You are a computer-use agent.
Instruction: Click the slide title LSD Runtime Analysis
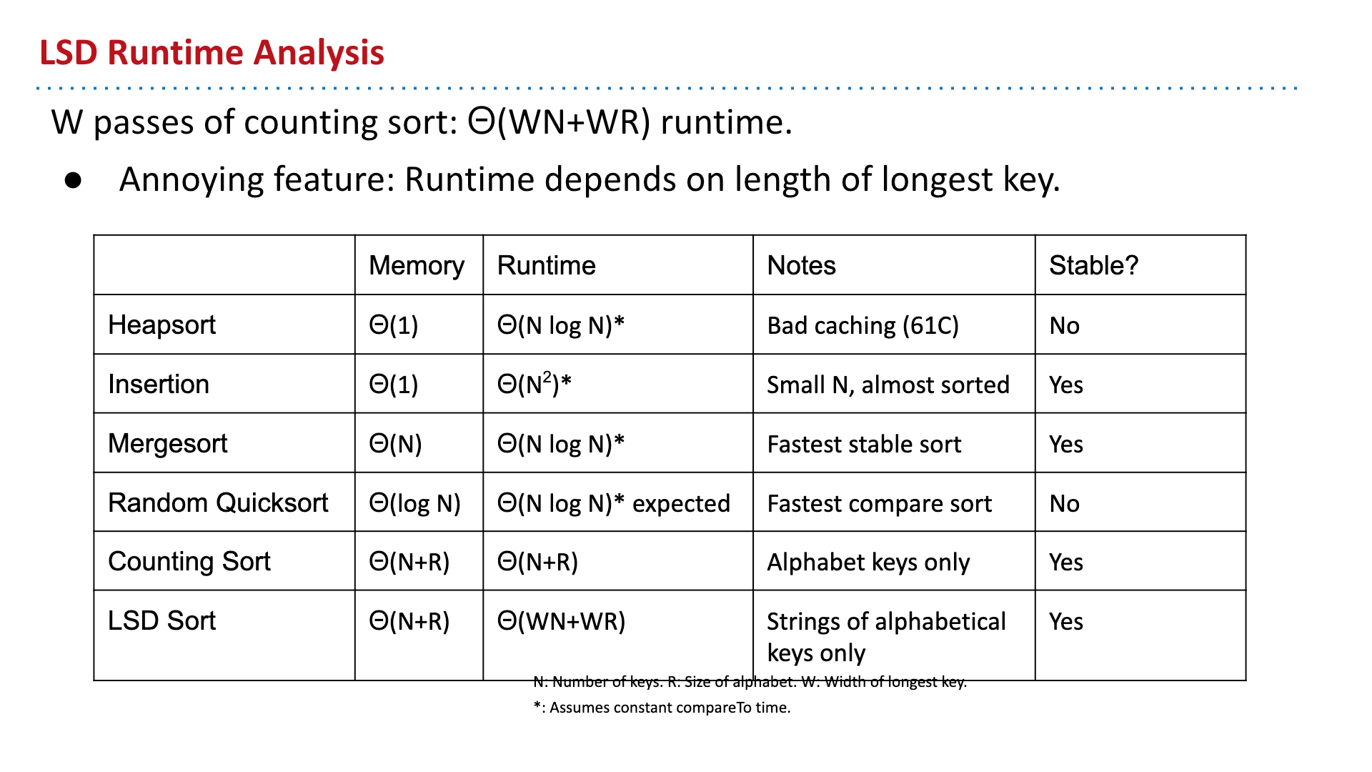212,53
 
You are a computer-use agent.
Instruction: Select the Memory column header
417,266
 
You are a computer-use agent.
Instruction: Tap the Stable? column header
1093,265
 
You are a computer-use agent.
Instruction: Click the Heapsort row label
161,325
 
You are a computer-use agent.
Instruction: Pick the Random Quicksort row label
218,503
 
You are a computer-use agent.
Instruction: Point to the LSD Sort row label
161,620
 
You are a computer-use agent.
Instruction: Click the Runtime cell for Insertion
535,384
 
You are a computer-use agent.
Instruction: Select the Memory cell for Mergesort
395,444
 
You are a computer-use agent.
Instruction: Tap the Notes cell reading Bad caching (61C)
863,326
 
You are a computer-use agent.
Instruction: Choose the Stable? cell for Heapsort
1064,326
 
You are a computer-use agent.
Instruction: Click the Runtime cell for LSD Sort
561,621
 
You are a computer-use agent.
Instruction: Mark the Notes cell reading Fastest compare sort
879,504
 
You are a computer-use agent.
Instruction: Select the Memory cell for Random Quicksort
414,504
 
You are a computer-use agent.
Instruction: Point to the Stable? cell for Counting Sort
1065,563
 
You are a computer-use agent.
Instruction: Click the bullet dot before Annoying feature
73,181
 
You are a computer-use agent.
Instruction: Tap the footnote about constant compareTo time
662,708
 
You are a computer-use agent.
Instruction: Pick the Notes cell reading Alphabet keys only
868,563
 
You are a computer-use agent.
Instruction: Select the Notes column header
801,266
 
